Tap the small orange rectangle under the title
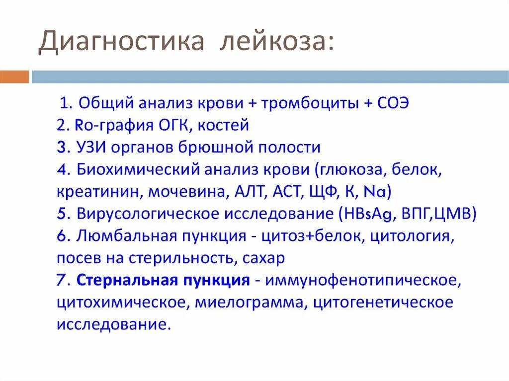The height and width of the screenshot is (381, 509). click(14, 77)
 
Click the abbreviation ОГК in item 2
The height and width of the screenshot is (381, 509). click(170, 126)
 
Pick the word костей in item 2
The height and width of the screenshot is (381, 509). click(223, 126)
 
